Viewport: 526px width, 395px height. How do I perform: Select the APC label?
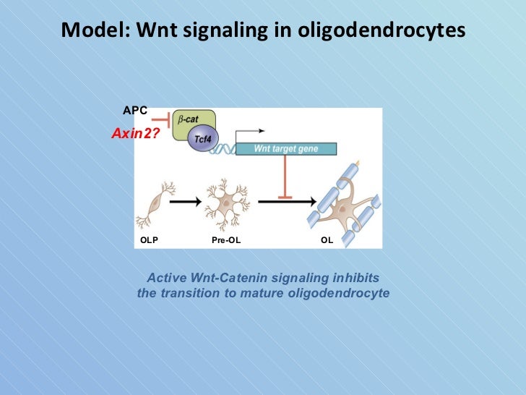135,110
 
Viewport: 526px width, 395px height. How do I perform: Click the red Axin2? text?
135,133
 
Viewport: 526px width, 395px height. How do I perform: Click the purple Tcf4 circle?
203,140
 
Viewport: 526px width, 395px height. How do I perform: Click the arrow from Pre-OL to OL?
282,203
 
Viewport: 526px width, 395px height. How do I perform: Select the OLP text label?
149,239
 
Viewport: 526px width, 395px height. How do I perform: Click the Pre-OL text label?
226,239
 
